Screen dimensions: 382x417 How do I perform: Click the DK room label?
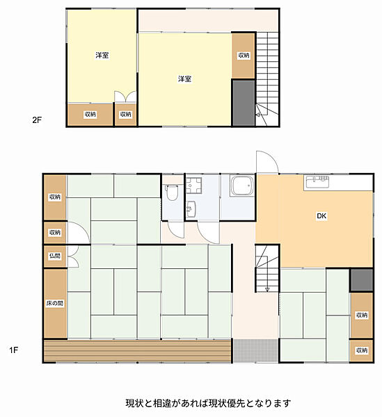pyautogui.click(x=321, y=215)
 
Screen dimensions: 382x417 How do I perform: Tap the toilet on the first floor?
pyautogui.click(x=172, y=193)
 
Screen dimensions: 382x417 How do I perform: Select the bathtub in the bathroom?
pyautogui.click(x=242, y=186)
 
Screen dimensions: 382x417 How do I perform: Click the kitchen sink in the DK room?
pyautogui.click(x=317, y=182)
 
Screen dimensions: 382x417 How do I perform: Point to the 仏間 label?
pyautogui.click(x=55, y=256)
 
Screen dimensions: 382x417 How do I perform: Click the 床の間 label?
pyautogui.click(x=55, y=303)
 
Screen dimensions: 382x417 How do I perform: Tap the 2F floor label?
pyautogui.click(x=37, y=120)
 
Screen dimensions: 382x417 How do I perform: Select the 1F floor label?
pyautogui.click(x=14, y=350)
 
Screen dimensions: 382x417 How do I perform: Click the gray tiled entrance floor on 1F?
pyautogui.click(x=256, y=350)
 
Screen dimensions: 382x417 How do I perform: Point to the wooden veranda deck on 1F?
pyautogui.click(x=137, y=350)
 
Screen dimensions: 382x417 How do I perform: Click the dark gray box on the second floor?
pyautogui.click(x=244, y=103)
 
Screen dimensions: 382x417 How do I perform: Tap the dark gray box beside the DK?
pyautogui.click(x=361, y=280)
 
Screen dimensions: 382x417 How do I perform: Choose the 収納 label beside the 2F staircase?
pyautogui.click(x=244, y=56)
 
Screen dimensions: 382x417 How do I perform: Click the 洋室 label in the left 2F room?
pyautogui.click(x=102, y=56)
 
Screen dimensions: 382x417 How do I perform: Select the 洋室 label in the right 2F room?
pyautogui.click(x=184, y=79)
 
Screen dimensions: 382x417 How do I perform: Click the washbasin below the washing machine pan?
pyautogui.click(x=191, y=209)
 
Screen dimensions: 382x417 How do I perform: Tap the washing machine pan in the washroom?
pyautogui.click(x=193, y=186)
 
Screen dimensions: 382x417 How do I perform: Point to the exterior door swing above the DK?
pyautogui.click(x=267, y=162)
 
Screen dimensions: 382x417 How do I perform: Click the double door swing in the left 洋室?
pyautogui.click(x=125, y=97)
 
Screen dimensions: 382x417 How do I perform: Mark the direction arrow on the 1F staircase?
pyautogui.click(x=267, y=289)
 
